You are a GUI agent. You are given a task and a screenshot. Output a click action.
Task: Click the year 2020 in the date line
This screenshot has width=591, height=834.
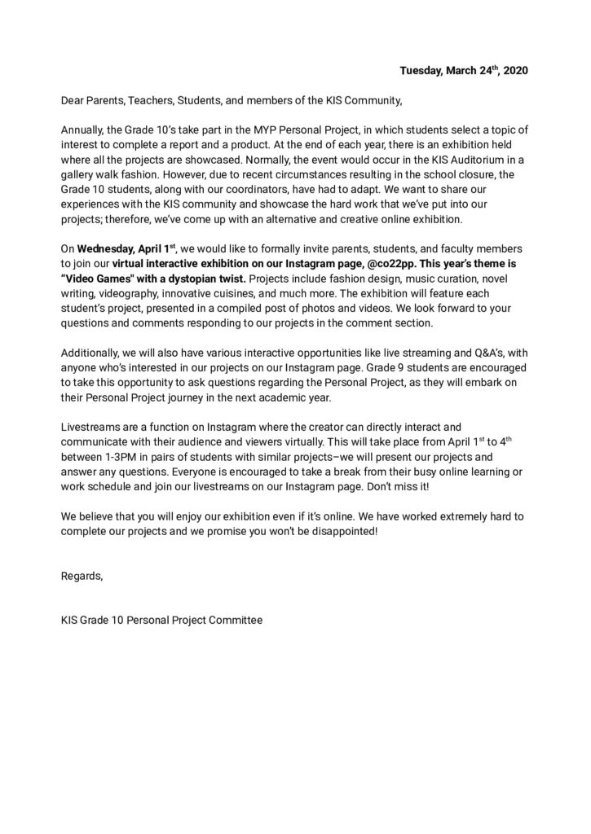tap(516, 72)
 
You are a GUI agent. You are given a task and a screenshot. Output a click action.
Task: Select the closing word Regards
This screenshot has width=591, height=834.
tap(82, 576)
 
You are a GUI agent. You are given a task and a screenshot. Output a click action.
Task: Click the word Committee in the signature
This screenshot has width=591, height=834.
tap(237, 620)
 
